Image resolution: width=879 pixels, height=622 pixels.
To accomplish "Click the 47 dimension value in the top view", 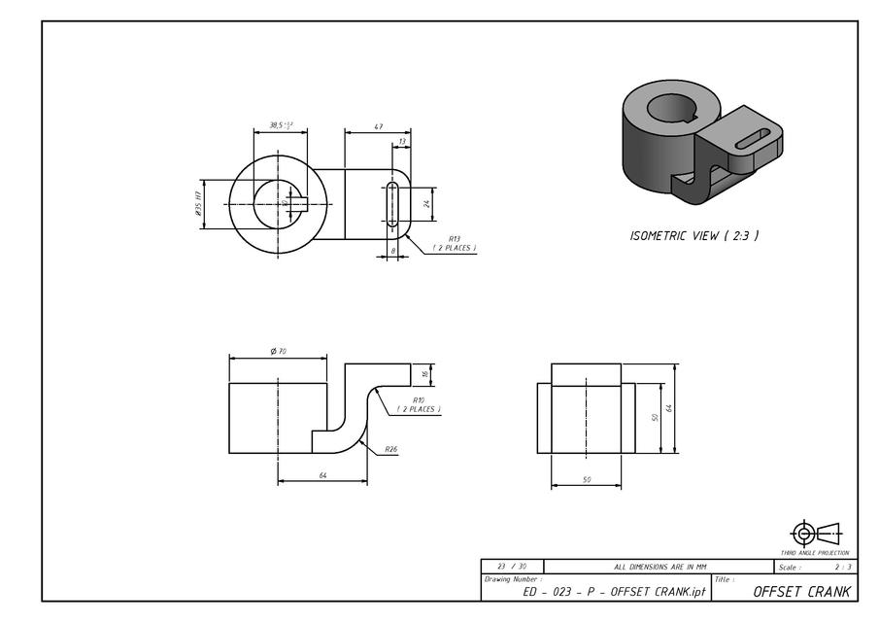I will click(x=377, y=127).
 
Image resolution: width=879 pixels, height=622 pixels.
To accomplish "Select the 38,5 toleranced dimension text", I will click(x=280, y=125).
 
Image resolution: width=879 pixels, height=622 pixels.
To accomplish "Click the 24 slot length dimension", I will click(x=426, y=204).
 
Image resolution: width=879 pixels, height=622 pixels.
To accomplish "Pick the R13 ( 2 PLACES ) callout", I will click(x=454, y=243).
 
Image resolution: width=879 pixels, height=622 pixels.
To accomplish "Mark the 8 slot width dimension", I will click(x=393, y=251).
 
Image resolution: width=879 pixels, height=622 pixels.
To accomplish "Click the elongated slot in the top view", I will click(x=392, y=204).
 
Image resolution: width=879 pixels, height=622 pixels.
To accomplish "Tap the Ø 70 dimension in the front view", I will click(x=279, y=352).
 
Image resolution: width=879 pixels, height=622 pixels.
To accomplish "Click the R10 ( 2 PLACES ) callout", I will click(x=418, y=404).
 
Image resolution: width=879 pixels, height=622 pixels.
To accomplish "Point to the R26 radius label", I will click(x=391, y=449).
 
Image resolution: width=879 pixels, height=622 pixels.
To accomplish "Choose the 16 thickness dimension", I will click(x=425, y=374).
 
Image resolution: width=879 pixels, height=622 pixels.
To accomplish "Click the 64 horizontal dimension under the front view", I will click(x=321, y=474).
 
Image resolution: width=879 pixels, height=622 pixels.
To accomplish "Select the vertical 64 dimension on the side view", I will click(x=669, y=408).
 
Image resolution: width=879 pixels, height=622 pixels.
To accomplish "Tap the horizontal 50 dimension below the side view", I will click(x=586, y=478).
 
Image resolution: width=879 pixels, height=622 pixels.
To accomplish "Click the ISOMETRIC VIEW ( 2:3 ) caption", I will click(x=694, y=235).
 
